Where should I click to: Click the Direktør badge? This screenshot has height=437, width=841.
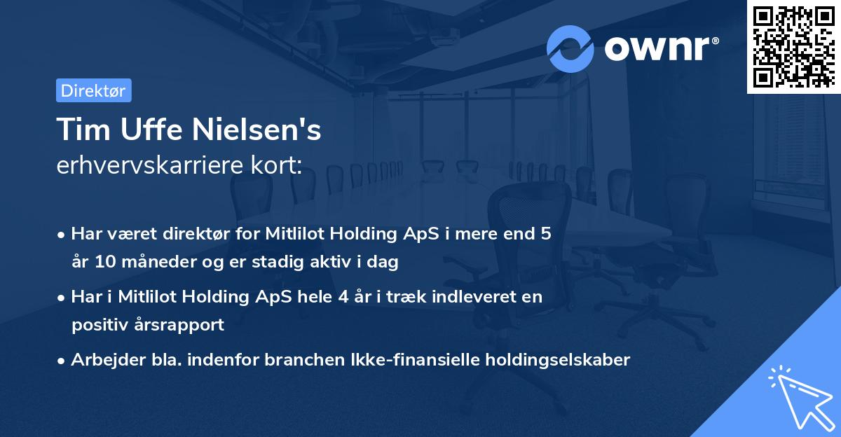click(93, 90)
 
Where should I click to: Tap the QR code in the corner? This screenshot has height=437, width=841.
click(793, 46)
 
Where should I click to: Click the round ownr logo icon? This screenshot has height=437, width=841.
click(570, 48)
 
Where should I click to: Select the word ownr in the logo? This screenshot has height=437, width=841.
click(656, 48)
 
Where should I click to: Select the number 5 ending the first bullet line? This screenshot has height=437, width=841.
click(546, 233)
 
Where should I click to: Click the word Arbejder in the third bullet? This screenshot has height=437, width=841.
click(101, 359)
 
